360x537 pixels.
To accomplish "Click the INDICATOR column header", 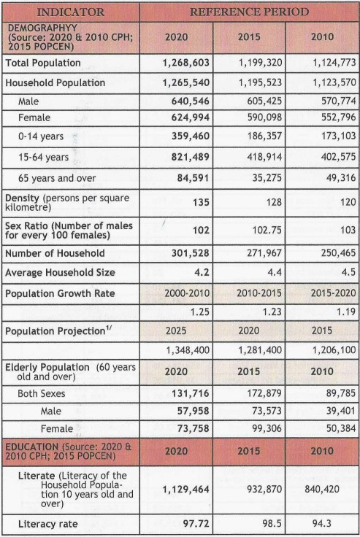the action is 70,12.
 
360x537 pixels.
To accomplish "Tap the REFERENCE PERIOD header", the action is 249,12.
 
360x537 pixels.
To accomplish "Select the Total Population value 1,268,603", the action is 185,63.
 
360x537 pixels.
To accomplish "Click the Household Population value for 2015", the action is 260,83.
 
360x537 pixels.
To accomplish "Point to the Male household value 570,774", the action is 338,101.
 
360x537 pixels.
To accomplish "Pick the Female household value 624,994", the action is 191,117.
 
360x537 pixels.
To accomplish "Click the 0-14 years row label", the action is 41,136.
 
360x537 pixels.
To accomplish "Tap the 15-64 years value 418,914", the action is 264,157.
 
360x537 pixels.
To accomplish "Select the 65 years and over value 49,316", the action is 341,178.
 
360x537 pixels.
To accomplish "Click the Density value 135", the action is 201,202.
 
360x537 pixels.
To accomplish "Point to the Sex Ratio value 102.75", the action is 267,230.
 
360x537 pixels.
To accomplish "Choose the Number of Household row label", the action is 55,253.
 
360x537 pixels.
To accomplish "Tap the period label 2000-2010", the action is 187,293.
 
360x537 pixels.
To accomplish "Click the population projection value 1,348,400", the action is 188,350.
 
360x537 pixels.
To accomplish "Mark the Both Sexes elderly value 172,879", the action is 264,393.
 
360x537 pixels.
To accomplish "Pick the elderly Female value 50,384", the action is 341,428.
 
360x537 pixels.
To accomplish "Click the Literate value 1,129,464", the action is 185,490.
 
